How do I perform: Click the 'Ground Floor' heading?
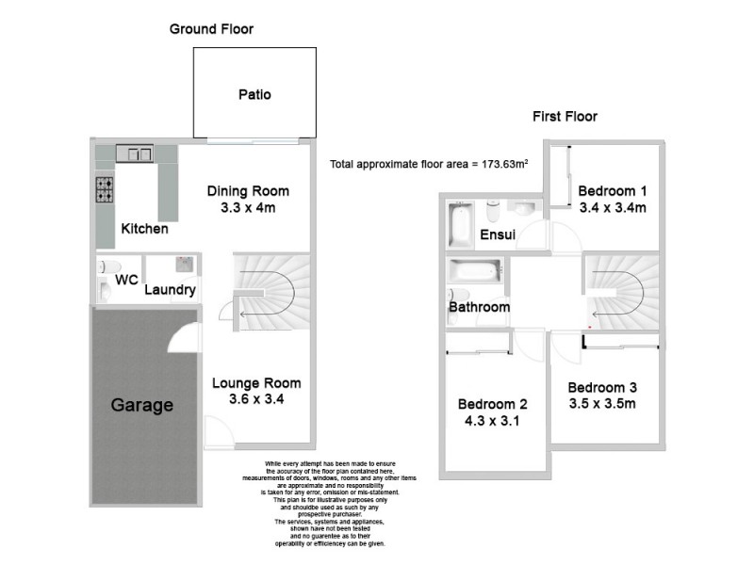(211, 29)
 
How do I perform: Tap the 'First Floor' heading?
(565, 117)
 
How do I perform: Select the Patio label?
(254, 94)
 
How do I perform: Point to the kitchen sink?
(135, 153)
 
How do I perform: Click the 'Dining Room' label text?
(248, 191)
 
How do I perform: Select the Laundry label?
(170, 290)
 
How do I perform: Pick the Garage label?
(142, 406)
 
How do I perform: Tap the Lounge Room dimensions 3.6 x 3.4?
(256, 399)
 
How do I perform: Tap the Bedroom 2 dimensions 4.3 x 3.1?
(492, 421)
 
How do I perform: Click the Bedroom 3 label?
(602, 387)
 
